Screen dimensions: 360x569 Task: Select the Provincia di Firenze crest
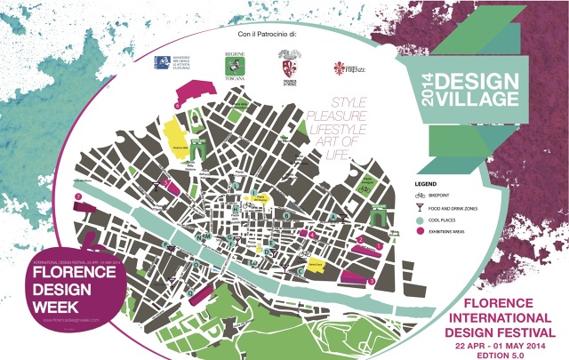tap(287, 67)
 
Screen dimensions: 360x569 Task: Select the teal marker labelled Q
tap(286, 215)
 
